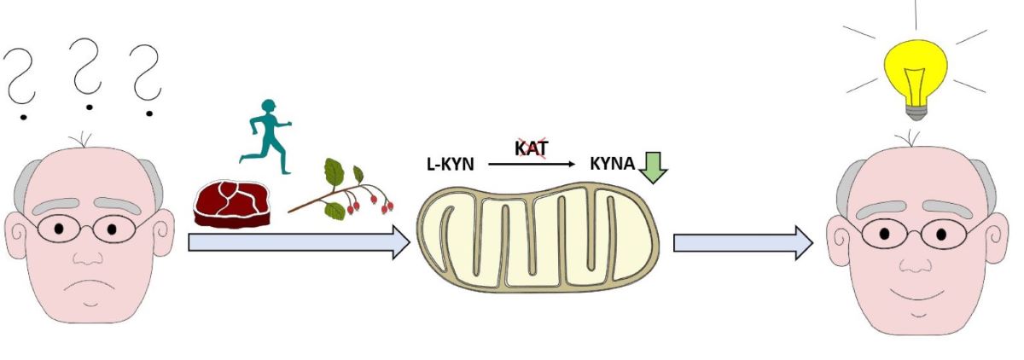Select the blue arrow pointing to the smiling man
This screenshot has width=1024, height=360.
coord(742,243)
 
